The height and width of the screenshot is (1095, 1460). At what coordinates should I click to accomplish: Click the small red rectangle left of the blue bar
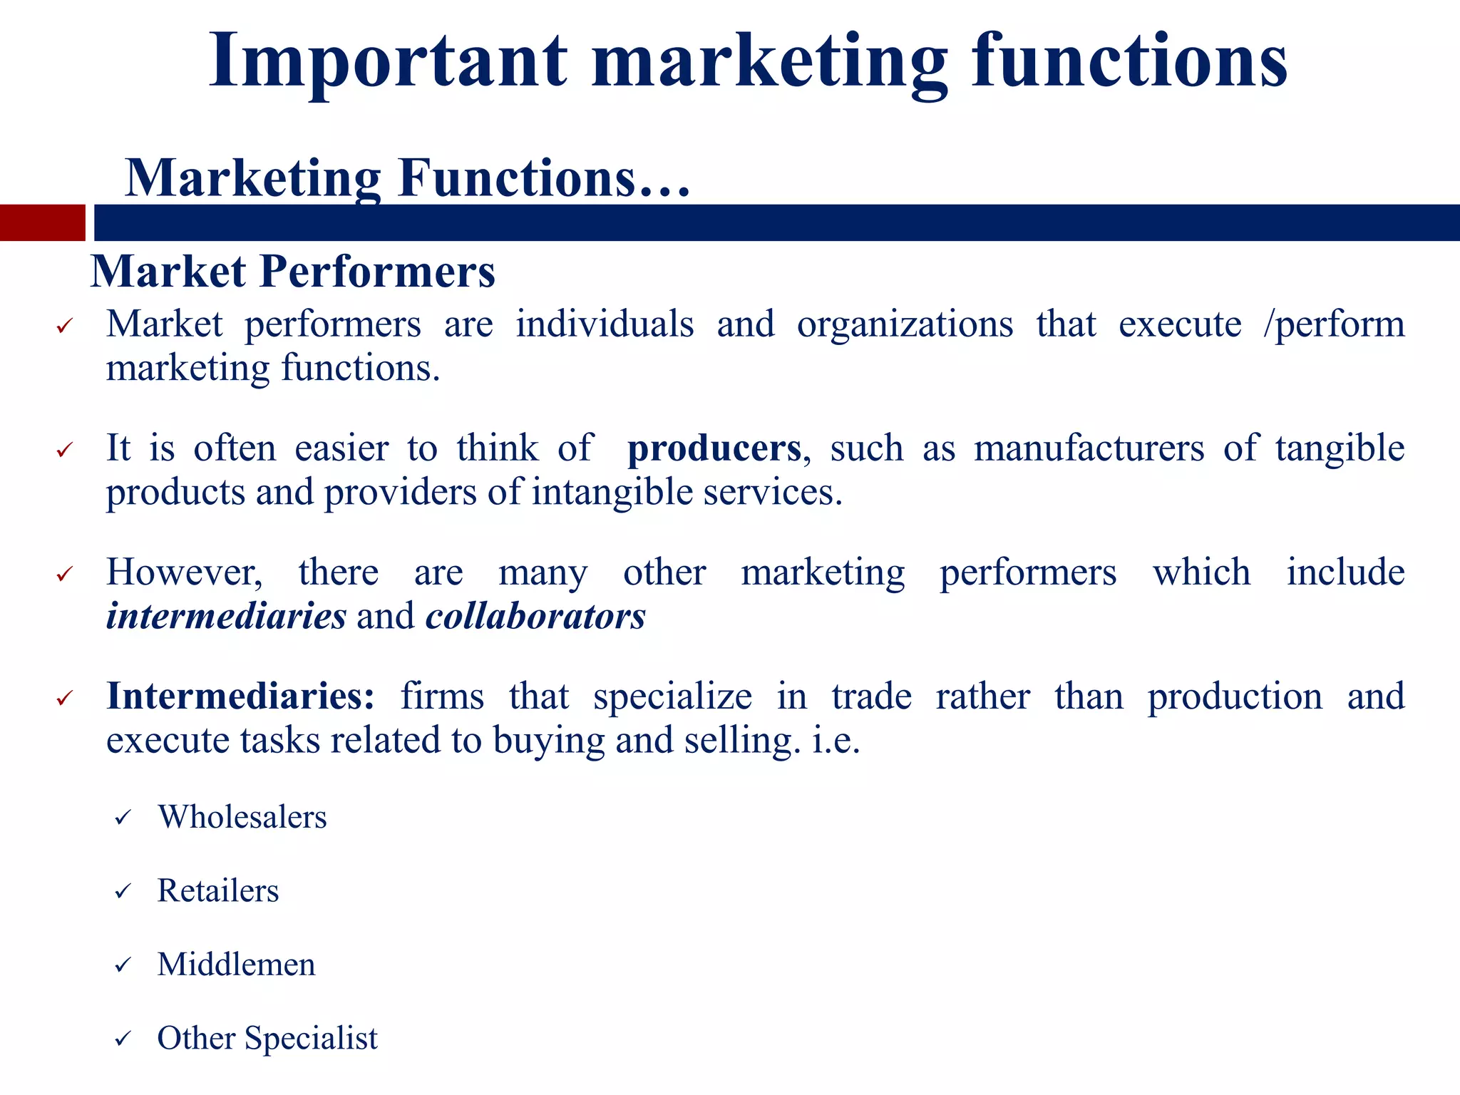[x=42, y=222]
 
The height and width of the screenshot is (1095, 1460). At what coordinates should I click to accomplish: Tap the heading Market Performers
[x=293, y=272]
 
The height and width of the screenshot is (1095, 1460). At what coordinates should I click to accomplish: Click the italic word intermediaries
[x=226, y=616]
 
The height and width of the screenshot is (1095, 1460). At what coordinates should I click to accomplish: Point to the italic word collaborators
[x=535, y=616]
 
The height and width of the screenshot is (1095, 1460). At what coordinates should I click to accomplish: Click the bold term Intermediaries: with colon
[x=240, y=696]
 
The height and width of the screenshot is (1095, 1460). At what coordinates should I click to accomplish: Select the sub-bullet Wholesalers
[x=242, y=817]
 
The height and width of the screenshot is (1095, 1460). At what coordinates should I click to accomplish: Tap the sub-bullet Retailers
[x=218, y=891]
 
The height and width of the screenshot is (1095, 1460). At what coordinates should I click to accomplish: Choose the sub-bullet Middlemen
[x=236, y=965]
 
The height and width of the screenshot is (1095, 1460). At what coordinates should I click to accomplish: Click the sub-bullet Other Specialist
[x=267, y=1038]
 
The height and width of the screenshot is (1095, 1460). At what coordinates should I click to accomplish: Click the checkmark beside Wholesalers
[x=123, y=818]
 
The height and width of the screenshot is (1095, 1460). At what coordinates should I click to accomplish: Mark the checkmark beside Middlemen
[x=123, y=965]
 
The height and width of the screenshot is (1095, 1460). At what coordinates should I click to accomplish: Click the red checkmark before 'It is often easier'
[x=65, y=450]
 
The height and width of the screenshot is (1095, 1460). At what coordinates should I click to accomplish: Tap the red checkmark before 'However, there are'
[x=65, y=574]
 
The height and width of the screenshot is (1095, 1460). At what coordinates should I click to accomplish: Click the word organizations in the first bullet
[x=905, y=325]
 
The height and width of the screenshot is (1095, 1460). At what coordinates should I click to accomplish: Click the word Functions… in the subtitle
[x=544, y=178]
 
